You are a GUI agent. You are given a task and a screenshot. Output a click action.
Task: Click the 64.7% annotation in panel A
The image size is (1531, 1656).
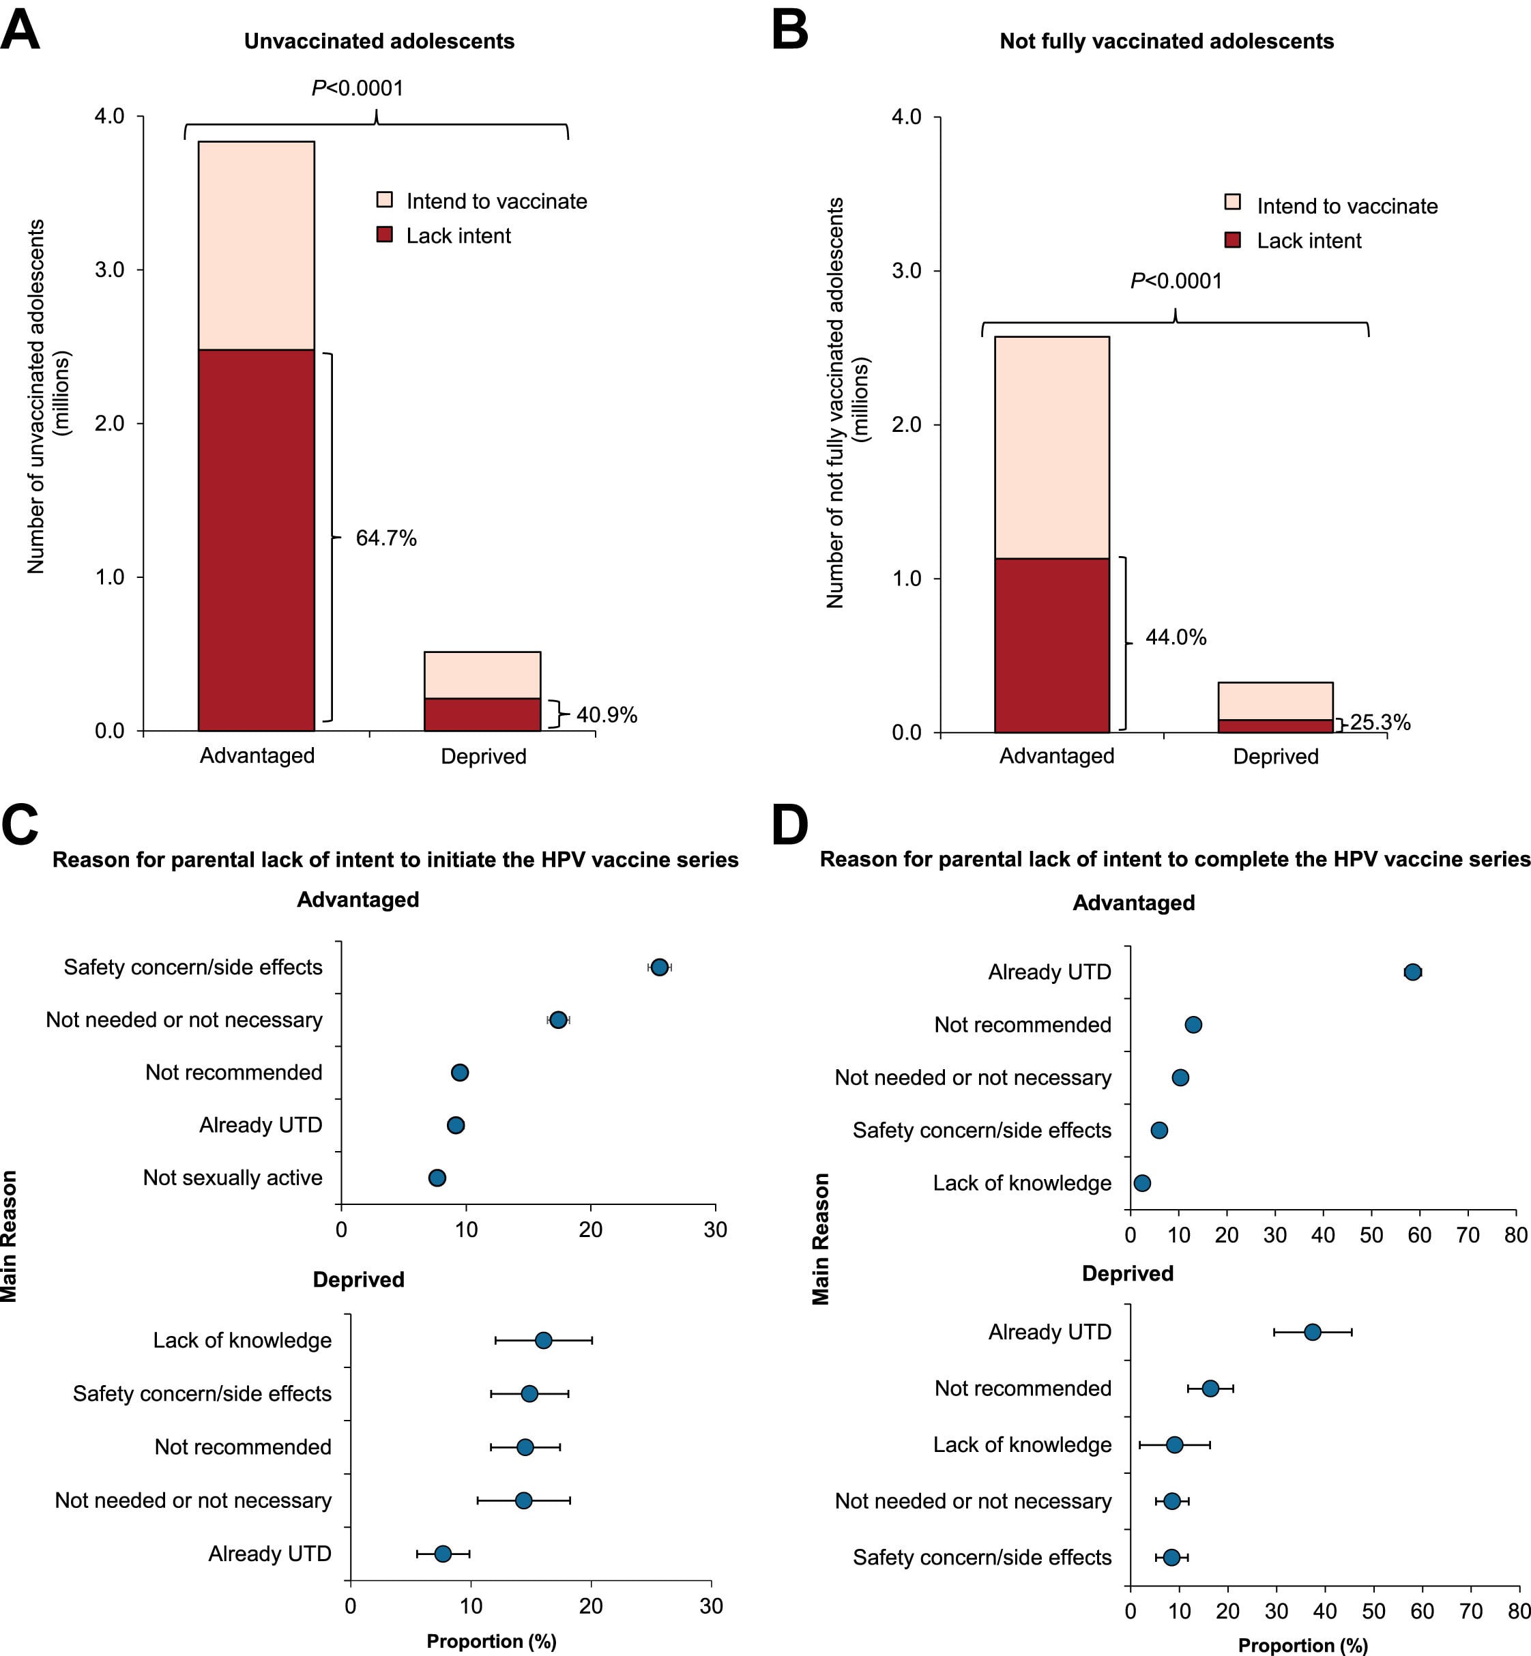(385, 538)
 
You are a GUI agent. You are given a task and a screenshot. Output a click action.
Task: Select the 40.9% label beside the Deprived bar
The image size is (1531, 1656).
(607, 715)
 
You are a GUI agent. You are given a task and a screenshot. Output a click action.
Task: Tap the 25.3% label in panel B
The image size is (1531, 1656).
(1380, 723)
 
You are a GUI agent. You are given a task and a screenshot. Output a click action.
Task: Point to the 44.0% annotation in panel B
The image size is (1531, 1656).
(1175, 637)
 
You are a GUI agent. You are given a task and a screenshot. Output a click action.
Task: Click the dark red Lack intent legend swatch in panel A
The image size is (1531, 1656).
(384, 235)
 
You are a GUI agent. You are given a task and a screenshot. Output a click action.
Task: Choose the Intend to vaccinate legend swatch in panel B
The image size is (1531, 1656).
(1232, 202)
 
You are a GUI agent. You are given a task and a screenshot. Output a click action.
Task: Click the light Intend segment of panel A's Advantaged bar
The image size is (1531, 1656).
(256, 245)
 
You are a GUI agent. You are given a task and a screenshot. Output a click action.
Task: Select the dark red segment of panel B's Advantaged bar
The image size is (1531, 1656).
(1051, 645)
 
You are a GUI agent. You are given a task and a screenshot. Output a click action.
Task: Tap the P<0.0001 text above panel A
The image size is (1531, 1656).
(357, 88)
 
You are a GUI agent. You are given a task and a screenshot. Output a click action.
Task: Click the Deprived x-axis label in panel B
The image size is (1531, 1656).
(1275, 756)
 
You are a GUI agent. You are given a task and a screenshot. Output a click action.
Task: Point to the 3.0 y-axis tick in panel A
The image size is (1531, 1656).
(109, 270)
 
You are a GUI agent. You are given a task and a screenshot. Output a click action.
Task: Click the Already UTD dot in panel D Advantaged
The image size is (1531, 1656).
(1412, 972)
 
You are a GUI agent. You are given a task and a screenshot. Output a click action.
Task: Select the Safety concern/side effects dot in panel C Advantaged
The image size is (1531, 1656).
(658, 967)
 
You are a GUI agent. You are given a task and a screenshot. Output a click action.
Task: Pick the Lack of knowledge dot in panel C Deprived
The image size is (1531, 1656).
(542, 1340)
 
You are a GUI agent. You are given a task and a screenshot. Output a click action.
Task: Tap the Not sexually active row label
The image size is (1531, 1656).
(232, 1177)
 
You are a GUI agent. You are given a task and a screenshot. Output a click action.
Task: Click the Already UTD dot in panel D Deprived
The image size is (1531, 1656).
(1312, 1332)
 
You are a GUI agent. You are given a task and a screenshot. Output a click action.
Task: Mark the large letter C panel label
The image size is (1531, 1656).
(20, 824)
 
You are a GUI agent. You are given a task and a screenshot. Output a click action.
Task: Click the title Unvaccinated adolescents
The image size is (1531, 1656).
(379, 42)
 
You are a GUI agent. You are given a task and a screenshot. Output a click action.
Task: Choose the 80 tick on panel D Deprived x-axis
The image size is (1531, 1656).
(1519, 1611)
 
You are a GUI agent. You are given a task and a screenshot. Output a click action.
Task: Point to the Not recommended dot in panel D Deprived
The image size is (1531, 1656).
(1210, 1389)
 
